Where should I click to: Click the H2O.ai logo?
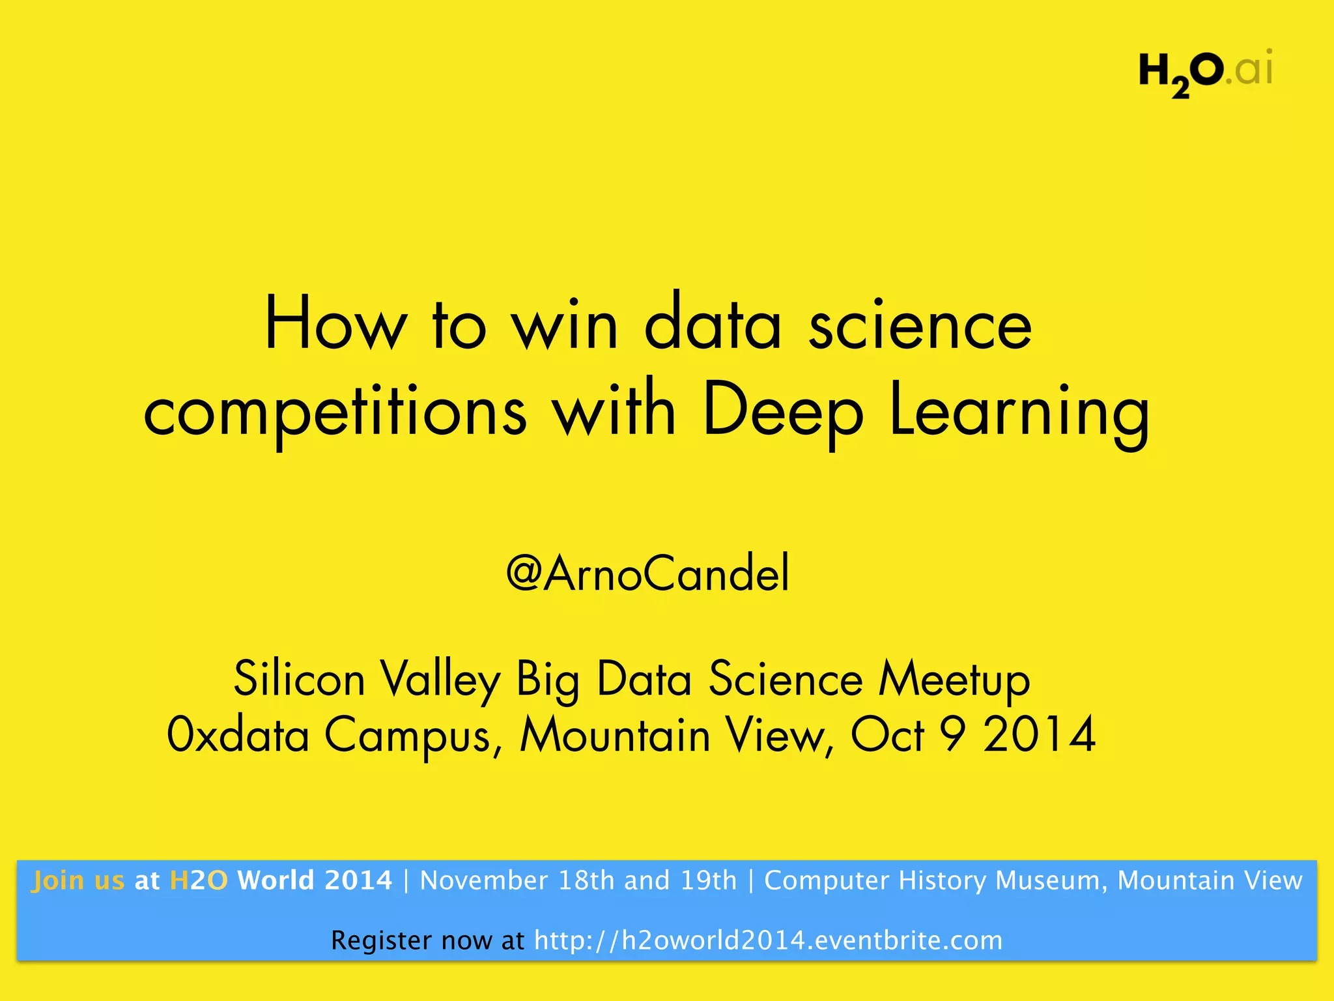1205,72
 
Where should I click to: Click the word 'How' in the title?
336,325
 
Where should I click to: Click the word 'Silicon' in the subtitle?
299,679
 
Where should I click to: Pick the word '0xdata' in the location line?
238,735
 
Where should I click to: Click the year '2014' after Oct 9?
1039,735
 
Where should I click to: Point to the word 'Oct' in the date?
887,735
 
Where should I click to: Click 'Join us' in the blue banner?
78,880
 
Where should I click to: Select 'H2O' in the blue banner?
199,880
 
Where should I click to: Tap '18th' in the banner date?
587,880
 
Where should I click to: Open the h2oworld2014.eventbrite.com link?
768,940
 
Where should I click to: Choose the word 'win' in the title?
564,325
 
